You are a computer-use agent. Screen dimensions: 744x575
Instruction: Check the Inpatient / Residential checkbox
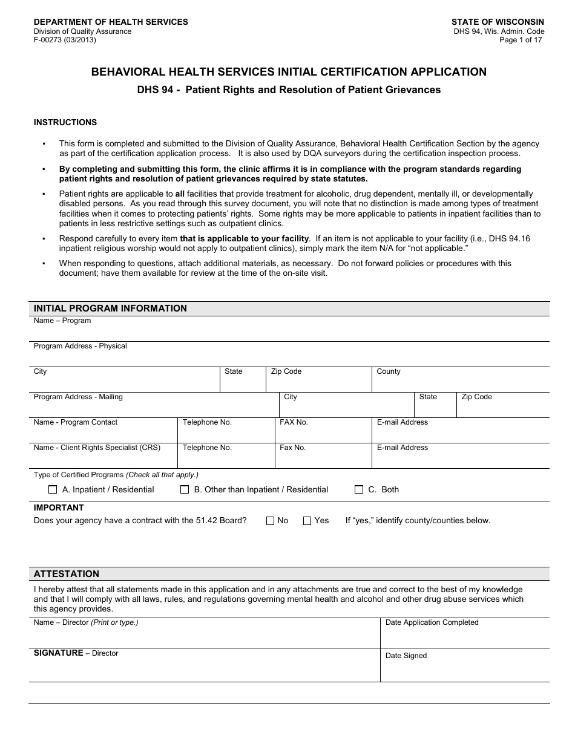tap(53, 489)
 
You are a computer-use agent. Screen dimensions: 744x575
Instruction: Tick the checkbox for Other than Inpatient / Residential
tap(185, 489)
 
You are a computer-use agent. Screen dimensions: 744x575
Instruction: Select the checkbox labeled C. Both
tap(359, 489)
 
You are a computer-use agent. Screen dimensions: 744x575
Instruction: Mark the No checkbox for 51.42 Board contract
tap(271, 521)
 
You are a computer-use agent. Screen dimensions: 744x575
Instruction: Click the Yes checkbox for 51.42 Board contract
tap(307, 521)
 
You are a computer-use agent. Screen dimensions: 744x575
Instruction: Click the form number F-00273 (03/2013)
tap(65, 40)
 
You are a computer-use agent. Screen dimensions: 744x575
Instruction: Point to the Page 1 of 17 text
tap(521, 40)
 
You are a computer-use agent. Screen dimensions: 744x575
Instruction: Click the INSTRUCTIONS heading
tap(65, 122)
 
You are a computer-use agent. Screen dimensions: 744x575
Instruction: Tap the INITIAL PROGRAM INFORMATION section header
tap(110, 308)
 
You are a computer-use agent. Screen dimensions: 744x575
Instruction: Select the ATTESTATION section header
tap(67, 574)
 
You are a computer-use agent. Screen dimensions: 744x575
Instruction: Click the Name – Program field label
tap(62, 321)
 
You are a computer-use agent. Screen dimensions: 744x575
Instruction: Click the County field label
tap(389, 371)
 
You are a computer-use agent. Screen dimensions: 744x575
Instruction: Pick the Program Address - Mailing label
tap(78, 397)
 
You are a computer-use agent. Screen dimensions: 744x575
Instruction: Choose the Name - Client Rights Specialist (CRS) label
tap(97, 448)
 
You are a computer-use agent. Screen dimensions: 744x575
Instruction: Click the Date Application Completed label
tap(432, 622)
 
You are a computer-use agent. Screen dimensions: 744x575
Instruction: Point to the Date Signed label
tap(406, 656)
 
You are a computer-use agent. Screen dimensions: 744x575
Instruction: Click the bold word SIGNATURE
tap(58, 653)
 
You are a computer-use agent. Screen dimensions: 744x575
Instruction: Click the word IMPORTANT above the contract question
tap(59, 507)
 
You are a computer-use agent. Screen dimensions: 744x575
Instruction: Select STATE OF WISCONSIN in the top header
tap(498, 22)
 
